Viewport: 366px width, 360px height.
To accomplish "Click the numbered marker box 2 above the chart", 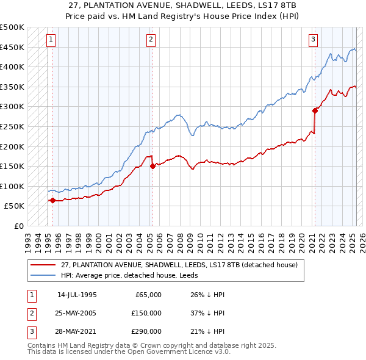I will (x=151, y=40).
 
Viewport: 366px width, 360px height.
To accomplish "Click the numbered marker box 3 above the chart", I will (x=313, y=40).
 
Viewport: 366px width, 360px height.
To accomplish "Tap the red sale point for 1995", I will (x=52, y=200).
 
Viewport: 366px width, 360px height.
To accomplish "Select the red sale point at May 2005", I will (x=152, y=166).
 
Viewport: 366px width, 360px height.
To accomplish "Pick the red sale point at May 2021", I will (x=315, y=110).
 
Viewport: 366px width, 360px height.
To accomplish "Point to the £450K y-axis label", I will (x=12, y=47).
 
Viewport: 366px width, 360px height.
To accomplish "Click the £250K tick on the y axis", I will (x=12, y=126).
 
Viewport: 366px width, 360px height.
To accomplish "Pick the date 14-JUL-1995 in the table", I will (x=77, y=295).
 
